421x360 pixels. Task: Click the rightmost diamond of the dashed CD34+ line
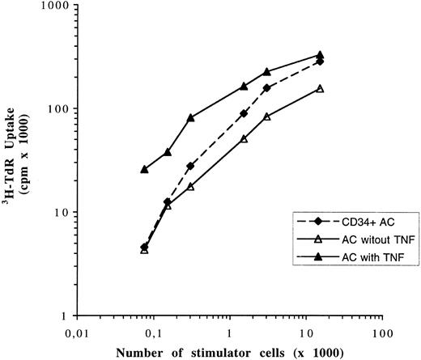(320, 61)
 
